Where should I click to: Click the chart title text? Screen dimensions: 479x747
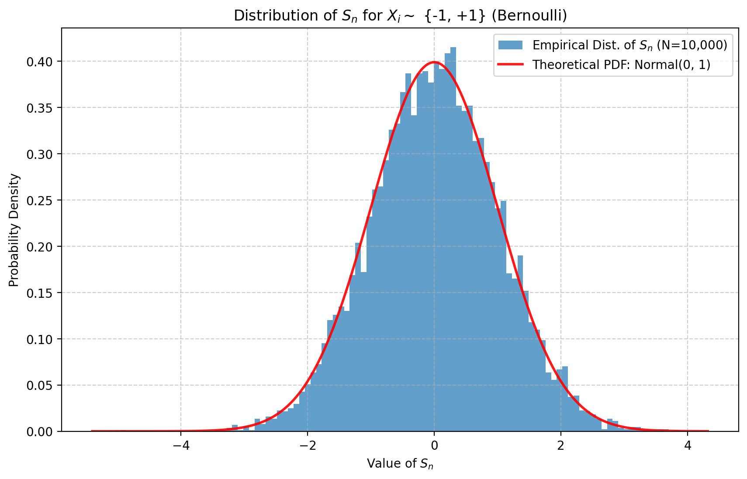[400, 16]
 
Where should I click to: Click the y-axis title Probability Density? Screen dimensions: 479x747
[14, 230]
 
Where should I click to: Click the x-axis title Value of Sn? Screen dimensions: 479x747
[400, 463]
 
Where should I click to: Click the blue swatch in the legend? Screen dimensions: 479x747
[510, 45]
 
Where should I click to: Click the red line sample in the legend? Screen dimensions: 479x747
[510, 64]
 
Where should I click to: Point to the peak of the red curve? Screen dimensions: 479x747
[434, 62]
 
